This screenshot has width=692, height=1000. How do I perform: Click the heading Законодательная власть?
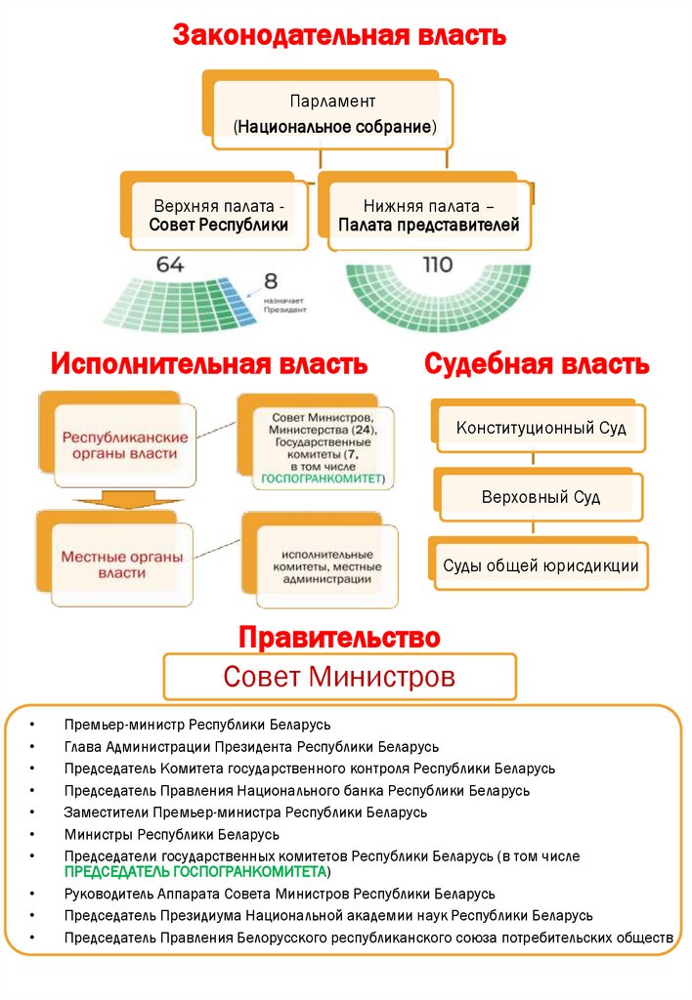pyautogui.click(x=339, y=36)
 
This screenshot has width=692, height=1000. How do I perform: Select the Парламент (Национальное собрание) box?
pyautogui.click(x=333, y=114)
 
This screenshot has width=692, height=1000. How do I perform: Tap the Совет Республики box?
pyautogui.click(x=219, y=216)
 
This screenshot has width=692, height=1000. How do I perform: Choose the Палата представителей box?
pyautogui.click(x=428, y=216)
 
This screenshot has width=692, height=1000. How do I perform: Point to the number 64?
pyautogui.click(x=169, y=265)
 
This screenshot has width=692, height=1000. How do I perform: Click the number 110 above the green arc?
pyautogui.click(x=437, y=265)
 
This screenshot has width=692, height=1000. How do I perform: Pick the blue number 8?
pyautogui.click(x=271, y=282)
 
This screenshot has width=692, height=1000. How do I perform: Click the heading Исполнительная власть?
pyautogui.click(x=209, y=364)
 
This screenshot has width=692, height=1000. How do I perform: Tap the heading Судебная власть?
pyautogui.click(x=536, y=364)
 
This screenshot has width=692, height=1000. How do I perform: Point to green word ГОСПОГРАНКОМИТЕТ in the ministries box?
pyautogui.click(x=319, y=479)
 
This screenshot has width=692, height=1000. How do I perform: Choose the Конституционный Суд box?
pyautogui.click(x=541, y=428)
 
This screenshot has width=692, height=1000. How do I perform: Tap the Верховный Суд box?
pyautogui.click(x=541, y=497)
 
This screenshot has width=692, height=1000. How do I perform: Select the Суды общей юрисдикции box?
pyautogui.click(x=541, y=565)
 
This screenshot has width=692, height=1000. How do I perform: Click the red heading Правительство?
pyautogui.click(x=339, y=639)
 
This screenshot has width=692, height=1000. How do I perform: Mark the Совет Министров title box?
pyautogui.click(x=339, y=676)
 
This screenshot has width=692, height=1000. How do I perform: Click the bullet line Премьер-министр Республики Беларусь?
pyautogui.click(x=197, y=725)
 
